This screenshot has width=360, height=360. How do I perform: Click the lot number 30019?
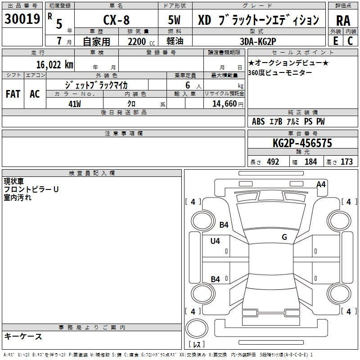click(x=22, y=18)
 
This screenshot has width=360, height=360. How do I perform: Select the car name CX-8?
click(x=117, y=20)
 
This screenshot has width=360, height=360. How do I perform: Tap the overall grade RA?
click(x=343, y=21)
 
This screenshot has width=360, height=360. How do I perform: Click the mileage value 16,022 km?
click(x=55, y=65)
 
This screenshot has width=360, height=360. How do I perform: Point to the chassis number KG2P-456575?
click(x=302, y=143)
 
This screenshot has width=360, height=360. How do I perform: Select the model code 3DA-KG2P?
click(x=258, y=41)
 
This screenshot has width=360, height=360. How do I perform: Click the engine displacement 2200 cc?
click(x=141, y=42)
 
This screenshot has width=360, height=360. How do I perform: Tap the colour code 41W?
click(x=75, y=104)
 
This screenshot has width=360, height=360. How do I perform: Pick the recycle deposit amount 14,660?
click(x=225, y=104)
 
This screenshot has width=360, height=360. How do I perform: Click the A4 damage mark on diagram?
click(x=321, y=184)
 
